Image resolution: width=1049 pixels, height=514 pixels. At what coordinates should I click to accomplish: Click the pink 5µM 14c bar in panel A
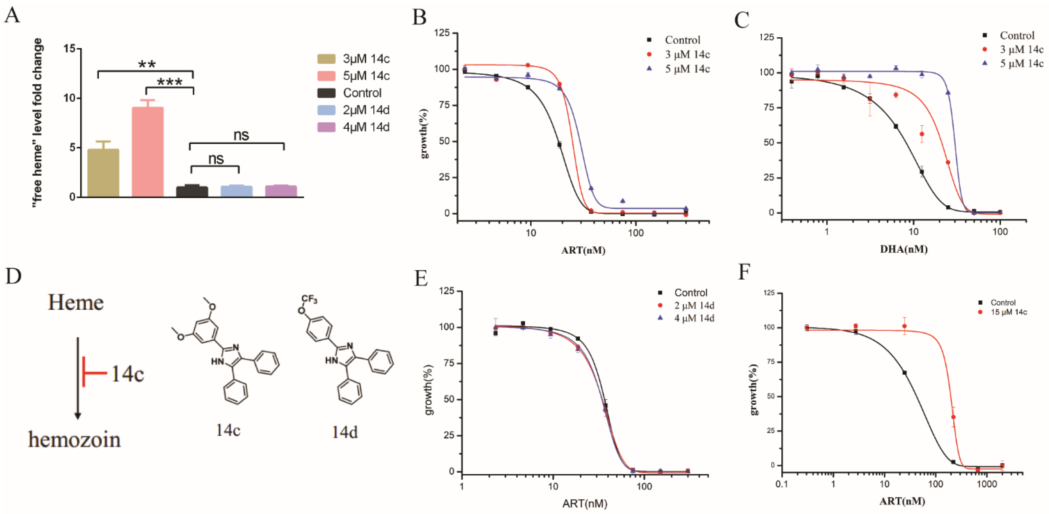147,153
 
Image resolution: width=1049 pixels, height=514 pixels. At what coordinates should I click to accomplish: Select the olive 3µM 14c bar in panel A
103,173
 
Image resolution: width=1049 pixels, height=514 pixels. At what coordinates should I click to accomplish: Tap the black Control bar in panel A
192,192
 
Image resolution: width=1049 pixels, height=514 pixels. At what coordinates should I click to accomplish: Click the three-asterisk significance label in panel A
170,82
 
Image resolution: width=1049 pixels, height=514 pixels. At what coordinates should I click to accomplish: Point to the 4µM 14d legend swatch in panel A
327,127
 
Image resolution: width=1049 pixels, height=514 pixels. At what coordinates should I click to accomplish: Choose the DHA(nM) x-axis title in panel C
904,249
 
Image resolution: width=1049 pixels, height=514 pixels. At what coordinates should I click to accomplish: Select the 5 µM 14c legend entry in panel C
1021,63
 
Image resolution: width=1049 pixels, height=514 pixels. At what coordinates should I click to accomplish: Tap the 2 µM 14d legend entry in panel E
694,305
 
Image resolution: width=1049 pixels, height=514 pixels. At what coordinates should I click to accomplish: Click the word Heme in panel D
76,303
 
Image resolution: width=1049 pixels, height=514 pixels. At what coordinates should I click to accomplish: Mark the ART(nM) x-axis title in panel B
583,250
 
